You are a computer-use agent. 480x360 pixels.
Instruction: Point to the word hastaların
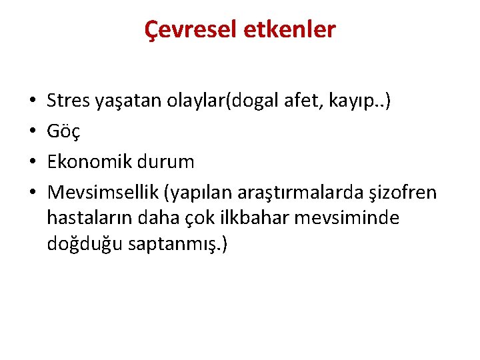[87, 218]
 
